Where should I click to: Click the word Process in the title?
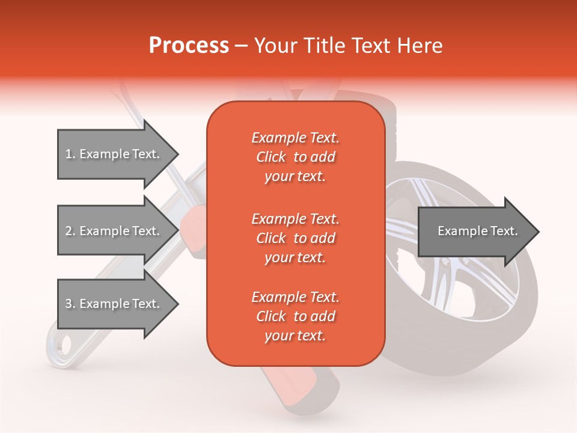click(x=189, y=46)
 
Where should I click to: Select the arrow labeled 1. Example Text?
click(x=114, y=154)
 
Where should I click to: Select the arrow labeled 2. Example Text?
click(x=114, y=231)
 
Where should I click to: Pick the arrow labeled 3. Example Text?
click(x=114, y=304)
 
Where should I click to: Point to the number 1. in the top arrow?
click(x=70, y=154)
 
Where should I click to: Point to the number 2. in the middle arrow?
click(x=70, y=231)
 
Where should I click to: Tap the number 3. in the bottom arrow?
click(x=70, y=304)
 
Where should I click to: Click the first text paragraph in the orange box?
click(x=295, y=157)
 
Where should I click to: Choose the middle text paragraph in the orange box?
click(x=295, y=238)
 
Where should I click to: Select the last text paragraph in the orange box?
click(x=295, y=316)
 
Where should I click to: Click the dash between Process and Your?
click(x=242, y=46)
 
